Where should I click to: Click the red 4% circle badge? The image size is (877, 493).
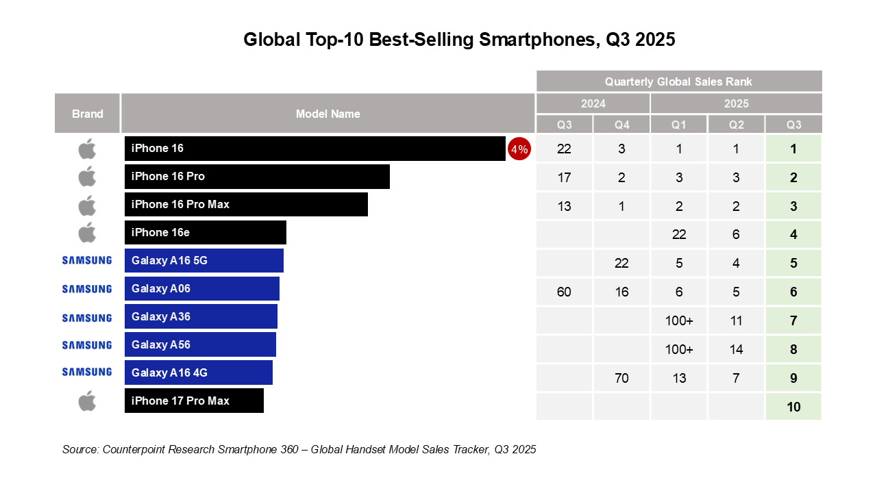click(x=519, y=149)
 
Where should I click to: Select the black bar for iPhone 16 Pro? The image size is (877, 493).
click(x=257, y=177)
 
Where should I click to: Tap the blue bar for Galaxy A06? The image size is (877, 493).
click(x=202, y=289)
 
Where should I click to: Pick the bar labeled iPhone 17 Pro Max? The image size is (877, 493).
click(x=194, y=401)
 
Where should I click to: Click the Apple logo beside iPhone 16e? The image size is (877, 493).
click(x=87, y=233)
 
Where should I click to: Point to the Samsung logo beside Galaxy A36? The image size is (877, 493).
click(x=87, y=318)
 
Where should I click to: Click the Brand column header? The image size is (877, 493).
click(x=88, y=114)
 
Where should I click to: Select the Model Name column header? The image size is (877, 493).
click(x=328, y=114)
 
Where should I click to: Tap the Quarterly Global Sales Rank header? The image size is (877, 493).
click(x=678, y=81)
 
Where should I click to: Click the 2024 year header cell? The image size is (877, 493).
click(x=593, y=104)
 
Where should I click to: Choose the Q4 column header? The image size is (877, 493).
click(x=621, y=125)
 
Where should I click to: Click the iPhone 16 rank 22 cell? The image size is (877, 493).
click(x=565, y=149)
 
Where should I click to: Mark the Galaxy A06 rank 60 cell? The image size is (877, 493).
click(x=565, y=292)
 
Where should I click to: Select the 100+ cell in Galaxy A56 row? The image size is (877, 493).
click(x=679, y=349)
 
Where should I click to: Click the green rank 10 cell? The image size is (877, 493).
click(x=793, y=407)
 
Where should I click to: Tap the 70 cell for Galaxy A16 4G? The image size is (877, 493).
click(x=621, y=378)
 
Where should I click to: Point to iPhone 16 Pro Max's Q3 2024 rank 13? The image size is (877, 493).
click(x=565, y=206)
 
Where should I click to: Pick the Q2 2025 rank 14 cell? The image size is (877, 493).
click(x=737, y=349)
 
